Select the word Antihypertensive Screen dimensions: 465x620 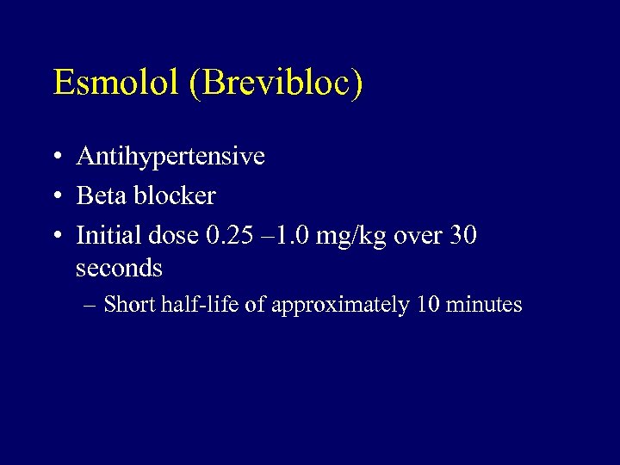point(170,157)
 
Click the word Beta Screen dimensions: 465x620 point(101,195)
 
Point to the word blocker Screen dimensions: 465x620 point(175,195)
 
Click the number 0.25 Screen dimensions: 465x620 point(231,234)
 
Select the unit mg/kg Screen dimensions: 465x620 point(351,236)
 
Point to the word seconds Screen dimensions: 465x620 point(119,269)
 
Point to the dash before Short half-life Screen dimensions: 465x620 point(89,305)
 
